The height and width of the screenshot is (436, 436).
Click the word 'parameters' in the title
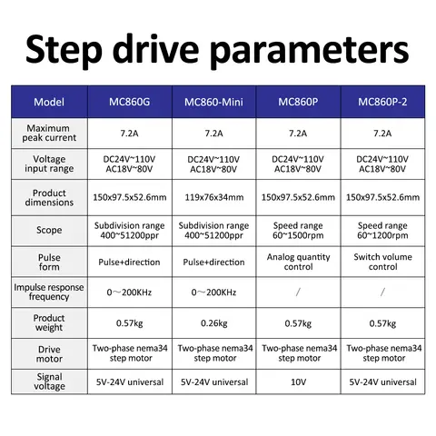point(310,51)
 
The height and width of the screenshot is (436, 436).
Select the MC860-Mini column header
point(213,102)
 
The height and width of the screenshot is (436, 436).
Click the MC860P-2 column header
point(382,102)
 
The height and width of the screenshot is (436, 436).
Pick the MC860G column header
point(130,102)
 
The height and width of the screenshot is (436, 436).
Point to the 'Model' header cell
point(49,102)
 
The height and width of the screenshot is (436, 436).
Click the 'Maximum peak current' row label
point(49,133)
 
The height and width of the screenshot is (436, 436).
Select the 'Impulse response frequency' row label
point(49,292)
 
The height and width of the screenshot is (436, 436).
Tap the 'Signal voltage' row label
point(49,381)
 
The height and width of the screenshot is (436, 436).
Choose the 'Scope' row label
point(49,230)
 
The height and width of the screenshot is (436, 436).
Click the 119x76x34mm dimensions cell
point(214,197)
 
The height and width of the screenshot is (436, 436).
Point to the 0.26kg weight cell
point(214,323)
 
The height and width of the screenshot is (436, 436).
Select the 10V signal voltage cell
point(299,382)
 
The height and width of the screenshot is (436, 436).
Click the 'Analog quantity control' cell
point(299,262)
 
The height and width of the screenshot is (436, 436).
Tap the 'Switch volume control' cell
point(383,262)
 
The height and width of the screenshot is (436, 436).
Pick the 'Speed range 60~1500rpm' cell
point(298,231)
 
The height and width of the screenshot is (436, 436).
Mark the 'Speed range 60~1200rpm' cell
point(382,231)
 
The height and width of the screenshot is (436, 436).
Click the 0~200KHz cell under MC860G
point(129,292)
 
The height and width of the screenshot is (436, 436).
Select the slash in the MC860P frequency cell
point(298,292)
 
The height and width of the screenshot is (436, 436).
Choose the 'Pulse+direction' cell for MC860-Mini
point(213,263)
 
